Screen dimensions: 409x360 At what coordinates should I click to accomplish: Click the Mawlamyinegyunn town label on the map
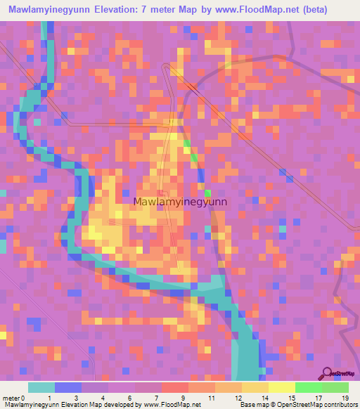(x=180, y=202)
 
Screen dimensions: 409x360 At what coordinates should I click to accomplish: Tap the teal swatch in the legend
(x=41, y=387)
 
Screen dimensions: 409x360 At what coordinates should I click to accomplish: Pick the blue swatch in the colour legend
(x=67, y=387)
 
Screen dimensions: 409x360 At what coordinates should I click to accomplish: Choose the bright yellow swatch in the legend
(x=281, y=387)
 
